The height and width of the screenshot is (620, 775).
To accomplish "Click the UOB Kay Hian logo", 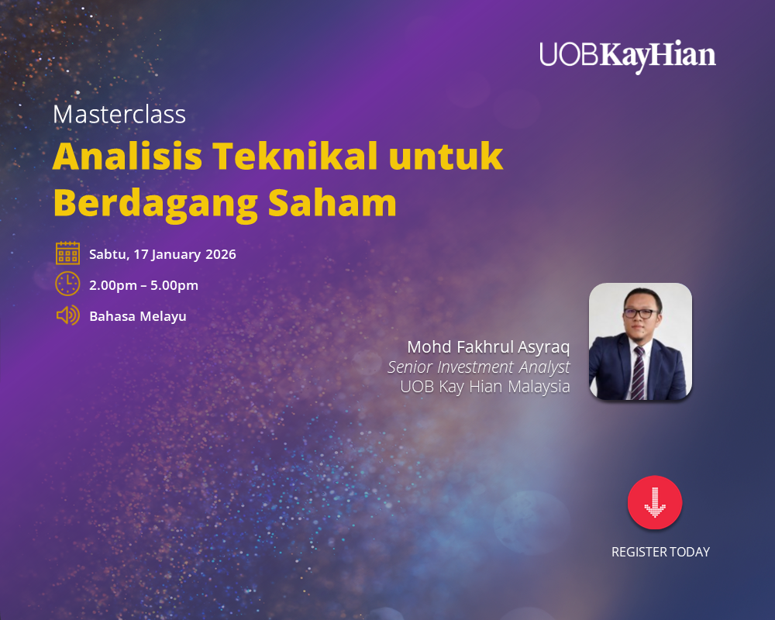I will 628,56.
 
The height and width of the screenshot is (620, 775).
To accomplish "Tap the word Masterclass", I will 119,115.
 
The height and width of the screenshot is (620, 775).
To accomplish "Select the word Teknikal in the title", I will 294,157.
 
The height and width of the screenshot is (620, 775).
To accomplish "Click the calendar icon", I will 67,253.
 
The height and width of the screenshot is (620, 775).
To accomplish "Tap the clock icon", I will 67,284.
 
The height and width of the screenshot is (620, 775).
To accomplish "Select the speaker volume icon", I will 67,315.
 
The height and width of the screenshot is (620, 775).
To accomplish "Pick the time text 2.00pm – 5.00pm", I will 143,285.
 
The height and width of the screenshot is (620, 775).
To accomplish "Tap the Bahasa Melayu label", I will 138,316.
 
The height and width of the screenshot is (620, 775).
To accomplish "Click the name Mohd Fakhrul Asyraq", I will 488,346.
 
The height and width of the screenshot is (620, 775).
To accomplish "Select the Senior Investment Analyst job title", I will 479,367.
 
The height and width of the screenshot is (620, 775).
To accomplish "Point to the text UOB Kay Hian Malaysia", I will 485,387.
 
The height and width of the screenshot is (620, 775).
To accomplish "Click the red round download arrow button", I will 655,503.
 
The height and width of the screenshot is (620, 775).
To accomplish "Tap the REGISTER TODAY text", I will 660,552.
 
